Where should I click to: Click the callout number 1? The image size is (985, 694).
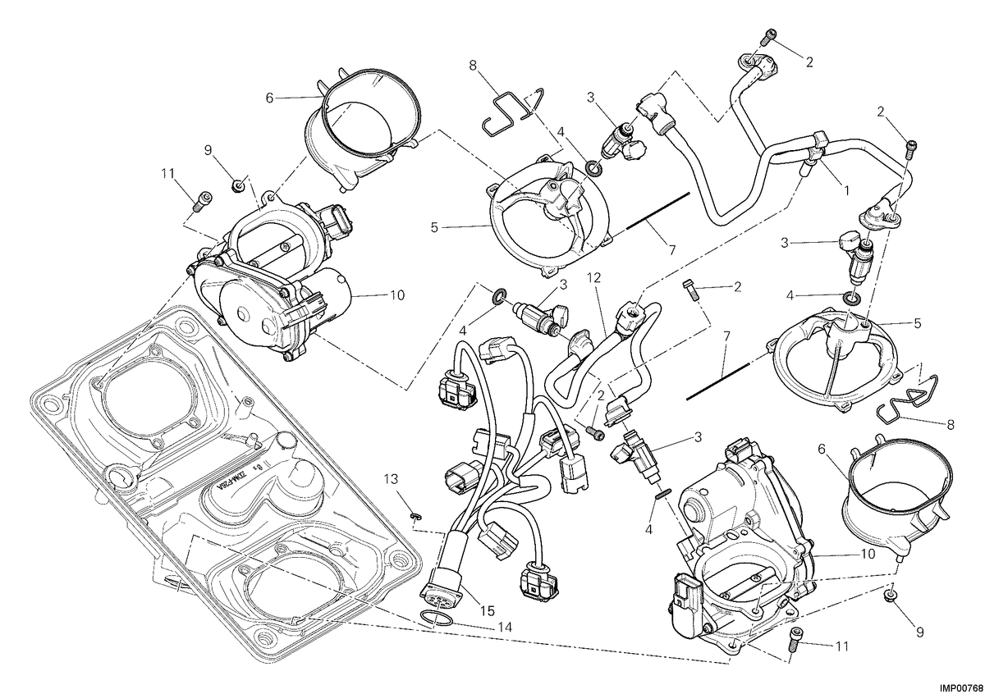(845, 190)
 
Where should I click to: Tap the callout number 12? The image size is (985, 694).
(593, 277)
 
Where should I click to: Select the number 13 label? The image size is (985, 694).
(391, 478)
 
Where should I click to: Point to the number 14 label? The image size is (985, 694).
(505, 628)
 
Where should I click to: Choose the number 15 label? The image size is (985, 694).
(487, 610)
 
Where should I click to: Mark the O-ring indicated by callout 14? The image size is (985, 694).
(436, 619)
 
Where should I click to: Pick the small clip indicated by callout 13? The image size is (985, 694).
(415, 516)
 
